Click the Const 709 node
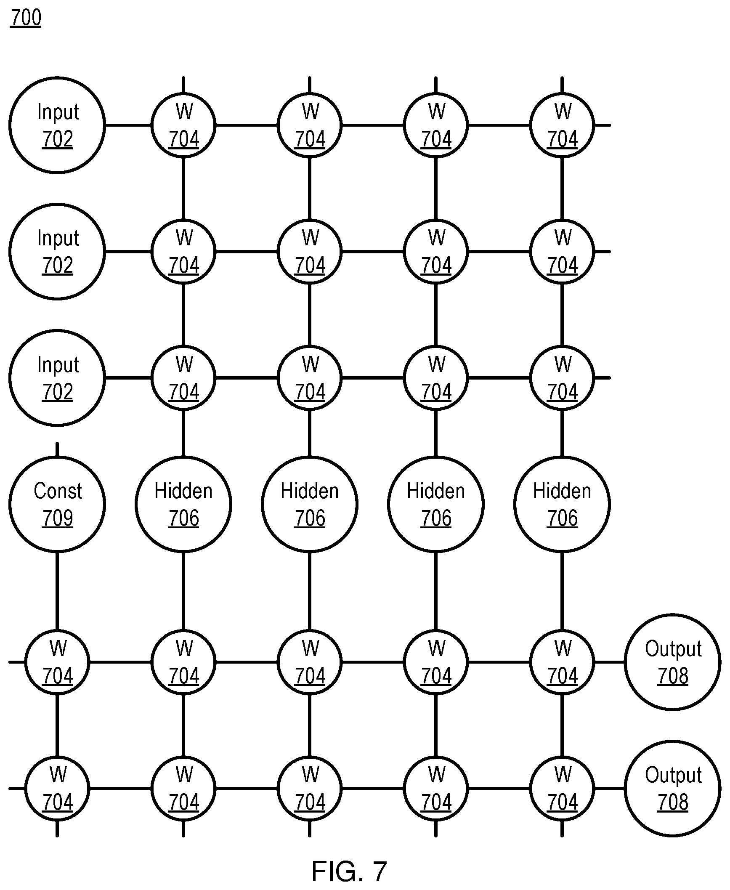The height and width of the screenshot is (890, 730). [57, 504]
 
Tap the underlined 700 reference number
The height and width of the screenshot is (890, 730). [26, 18]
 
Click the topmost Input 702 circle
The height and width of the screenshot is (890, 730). [57, 125]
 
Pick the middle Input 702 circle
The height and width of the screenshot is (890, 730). [57, 252]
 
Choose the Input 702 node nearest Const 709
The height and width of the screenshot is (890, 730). [57, 378]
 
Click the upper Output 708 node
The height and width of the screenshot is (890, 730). [673, 662]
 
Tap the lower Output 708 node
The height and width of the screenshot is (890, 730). [673, 788]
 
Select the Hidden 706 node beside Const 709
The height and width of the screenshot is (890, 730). [183, 504]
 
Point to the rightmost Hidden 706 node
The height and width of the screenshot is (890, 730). [562, 504]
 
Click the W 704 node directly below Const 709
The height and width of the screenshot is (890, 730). [57, 662]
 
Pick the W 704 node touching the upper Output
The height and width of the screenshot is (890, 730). [562, 662]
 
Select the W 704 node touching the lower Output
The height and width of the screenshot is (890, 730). [562, 788]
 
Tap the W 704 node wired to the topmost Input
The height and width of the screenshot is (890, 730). [183, 125]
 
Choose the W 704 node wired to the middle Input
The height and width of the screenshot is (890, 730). [183, 252]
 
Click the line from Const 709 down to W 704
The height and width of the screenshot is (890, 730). [57, 591]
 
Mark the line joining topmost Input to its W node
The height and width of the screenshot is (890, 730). [128, 125]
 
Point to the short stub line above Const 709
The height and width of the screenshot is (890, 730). [57, 449]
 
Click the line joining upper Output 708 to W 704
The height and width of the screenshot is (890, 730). [610, 662]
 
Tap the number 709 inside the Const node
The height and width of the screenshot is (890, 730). [58, 518]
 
